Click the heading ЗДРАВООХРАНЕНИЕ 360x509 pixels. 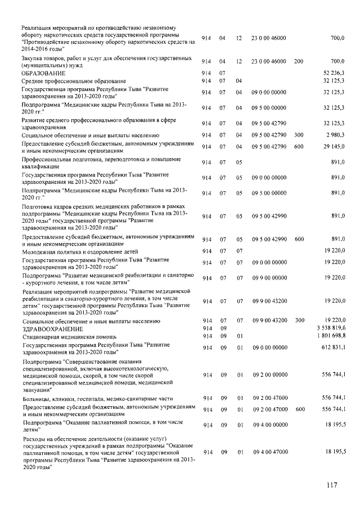(x=52, y=328)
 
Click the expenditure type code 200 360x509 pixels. (x=299, y=61)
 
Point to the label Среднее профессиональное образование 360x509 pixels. (x=74, y=82)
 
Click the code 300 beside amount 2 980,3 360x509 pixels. (x=299, y=136)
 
